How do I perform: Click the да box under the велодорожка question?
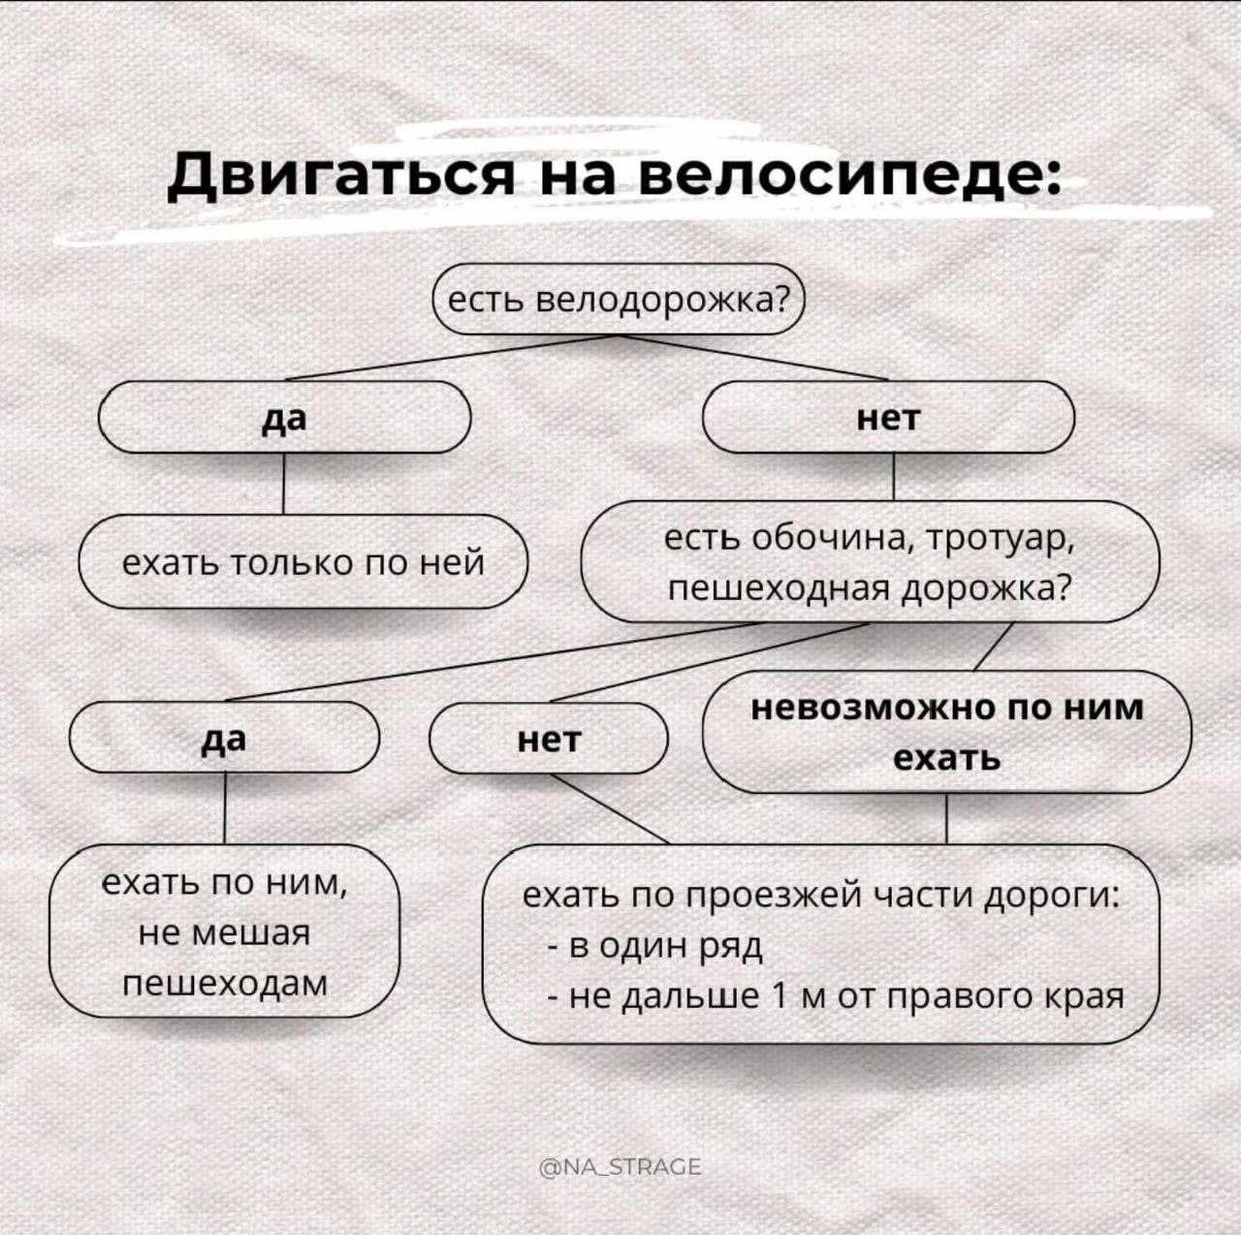coord(285,417)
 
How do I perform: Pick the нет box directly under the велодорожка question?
coord(889,417)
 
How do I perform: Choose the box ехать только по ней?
coord(303,561)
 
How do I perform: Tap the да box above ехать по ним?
coord(224,738)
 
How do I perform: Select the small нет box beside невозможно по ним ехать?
coord(550,738)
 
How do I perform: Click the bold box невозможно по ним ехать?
coord(947,732)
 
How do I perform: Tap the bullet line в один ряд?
coord(654,946)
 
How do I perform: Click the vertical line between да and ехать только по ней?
coord(284,484)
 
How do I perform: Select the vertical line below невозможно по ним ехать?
coord(946,818)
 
